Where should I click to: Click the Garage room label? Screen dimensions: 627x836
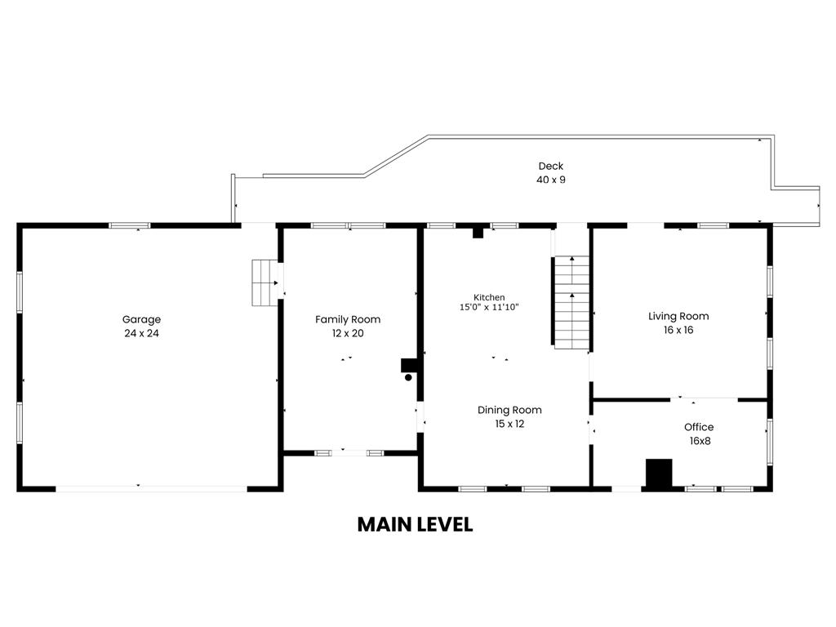click(141, 319)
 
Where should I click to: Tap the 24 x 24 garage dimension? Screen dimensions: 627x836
click(141, 333)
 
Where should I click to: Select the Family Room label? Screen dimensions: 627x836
click(348, 319)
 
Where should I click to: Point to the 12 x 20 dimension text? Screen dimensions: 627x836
click(348, 333)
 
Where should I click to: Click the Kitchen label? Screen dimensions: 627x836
click(489, 297)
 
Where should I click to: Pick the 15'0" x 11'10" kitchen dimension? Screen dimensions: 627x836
click(489, 308)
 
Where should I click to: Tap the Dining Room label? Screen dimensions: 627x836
click(509, 410)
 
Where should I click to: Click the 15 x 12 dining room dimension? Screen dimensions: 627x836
click(509, 424)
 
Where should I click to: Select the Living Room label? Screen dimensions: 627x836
click(678, 316)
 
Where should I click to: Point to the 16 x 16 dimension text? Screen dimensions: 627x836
click(678, 330)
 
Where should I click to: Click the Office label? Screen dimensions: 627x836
click(699, 427)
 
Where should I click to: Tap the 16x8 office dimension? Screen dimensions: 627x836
click(699, 441)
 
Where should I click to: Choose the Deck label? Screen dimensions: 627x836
click(551, 166)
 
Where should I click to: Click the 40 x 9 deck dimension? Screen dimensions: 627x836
click(551, 180)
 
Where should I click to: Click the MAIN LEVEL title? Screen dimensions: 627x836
click(415, 524)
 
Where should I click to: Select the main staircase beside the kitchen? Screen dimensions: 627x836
click(571, 302)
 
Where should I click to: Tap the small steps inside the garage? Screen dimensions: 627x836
click(264, 282)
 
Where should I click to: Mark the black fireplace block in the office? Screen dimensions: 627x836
click(659, 474)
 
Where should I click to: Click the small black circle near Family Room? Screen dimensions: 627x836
click(409, 377)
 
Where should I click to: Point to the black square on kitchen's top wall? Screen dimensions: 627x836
click(478, 233)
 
